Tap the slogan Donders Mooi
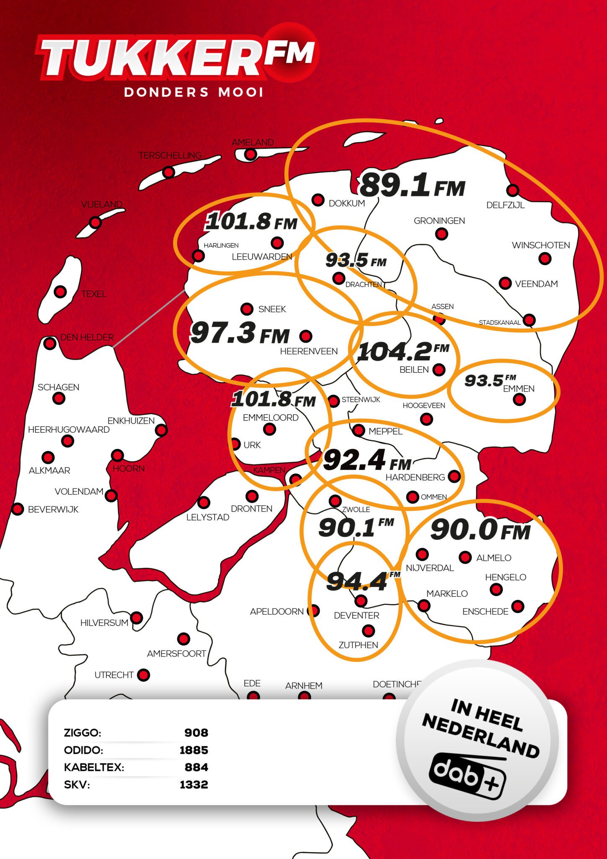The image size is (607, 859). click(194, 92)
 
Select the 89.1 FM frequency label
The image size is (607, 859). click(412, 186)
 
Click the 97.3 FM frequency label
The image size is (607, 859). click(240, 334)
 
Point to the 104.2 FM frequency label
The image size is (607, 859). click(402, 351)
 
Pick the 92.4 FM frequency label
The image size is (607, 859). click(367, 461)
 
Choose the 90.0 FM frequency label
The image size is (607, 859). click(480, 530)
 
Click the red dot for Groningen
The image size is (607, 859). click(441, 234)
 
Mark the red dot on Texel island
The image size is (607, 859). click(60, 292)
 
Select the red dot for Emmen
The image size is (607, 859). click(519, 399)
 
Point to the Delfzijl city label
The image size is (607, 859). click(506, 205)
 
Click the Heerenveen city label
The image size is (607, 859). click(309, 351)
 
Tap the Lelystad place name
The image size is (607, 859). click(208, 518)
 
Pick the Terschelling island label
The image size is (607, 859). click(170, 156)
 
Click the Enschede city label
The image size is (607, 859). click(485, 612)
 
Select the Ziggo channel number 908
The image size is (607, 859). click(196, 733)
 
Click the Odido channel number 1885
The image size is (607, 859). click(194, 750)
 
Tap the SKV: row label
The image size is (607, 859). click(77, 784)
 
